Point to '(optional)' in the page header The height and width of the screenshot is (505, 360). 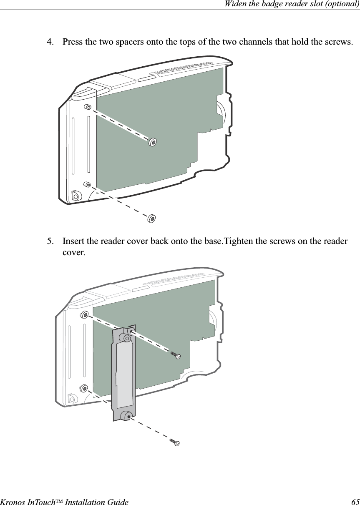coord(343,4)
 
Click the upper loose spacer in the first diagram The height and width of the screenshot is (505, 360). coord(153,142)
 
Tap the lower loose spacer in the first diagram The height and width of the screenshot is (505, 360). coord(152,218)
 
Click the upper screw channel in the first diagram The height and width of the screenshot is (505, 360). coord(88,107)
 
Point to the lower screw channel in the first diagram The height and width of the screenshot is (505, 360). coord(87,184)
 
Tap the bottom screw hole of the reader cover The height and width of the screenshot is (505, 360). coord(128,415)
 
